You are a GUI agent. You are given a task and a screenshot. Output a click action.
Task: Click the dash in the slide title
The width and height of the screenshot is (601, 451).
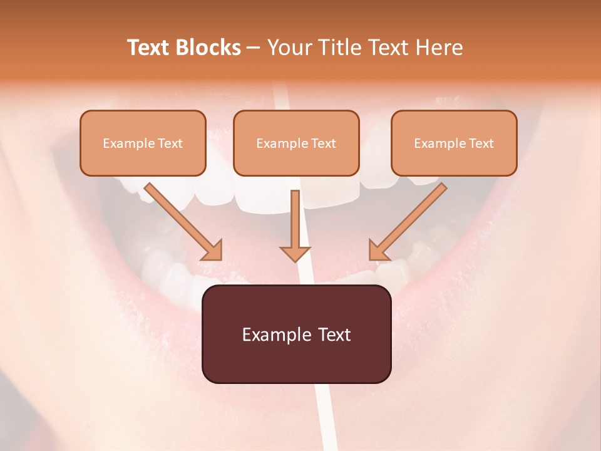(254, 48)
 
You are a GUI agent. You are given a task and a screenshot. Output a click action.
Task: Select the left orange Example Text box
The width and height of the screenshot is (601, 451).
(143, 143)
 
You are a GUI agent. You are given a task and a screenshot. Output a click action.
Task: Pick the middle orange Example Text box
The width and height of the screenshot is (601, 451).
(296, 143)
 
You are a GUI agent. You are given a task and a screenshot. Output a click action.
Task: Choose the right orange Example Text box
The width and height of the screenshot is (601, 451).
(454, 143)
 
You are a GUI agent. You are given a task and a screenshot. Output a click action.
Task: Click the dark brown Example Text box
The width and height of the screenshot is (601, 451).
(296, 334)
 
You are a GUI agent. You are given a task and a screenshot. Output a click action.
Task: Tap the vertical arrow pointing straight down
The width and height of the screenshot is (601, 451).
(295, 225)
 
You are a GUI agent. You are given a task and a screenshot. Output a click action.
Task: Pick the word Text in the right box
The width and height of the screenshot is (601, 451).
(481, 143)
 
